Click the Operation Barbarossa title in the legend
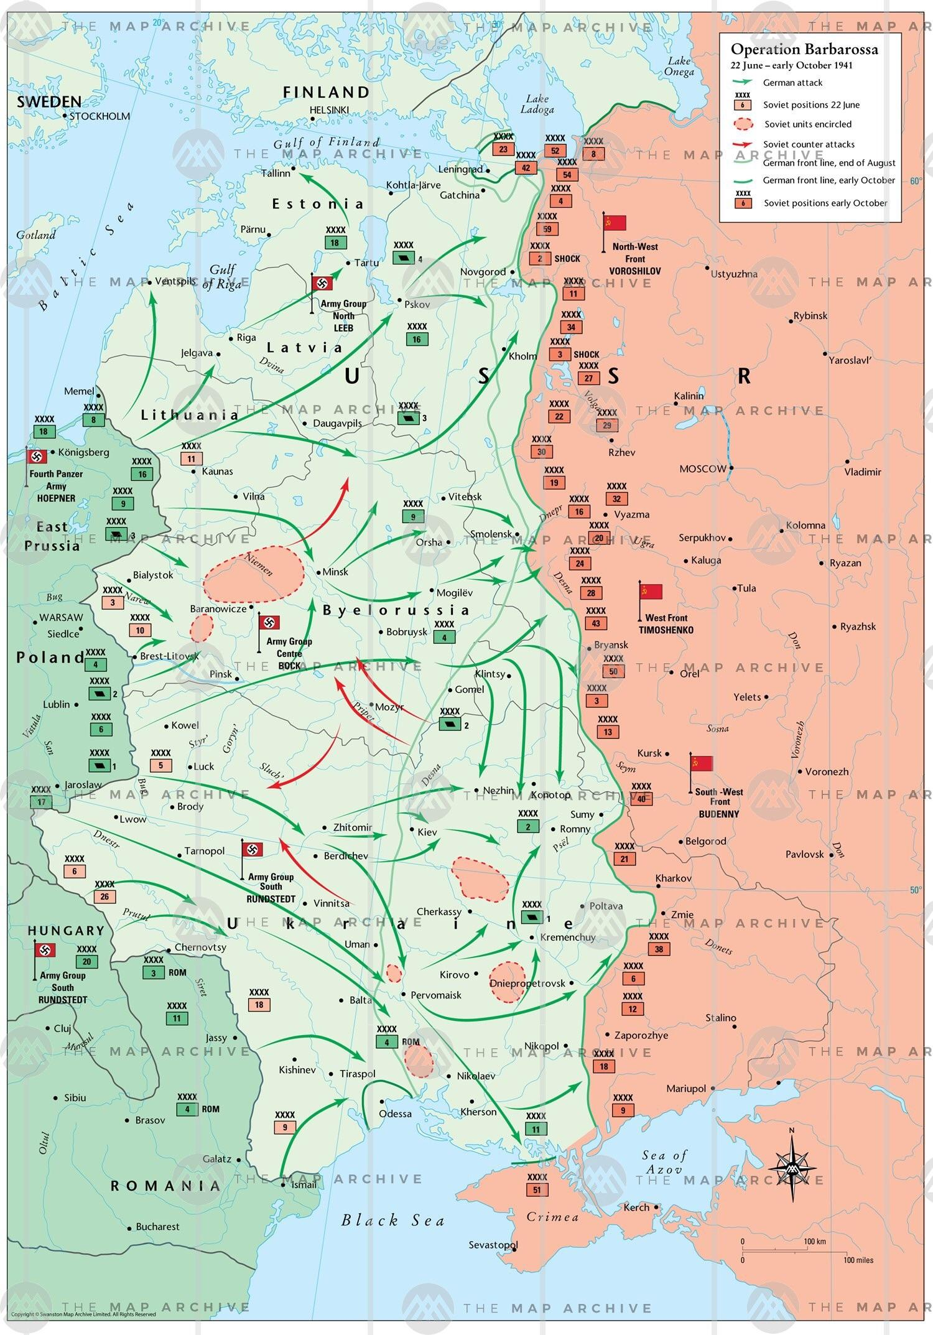(x=804, y=50)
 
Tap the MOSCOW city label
(x=702, y=469)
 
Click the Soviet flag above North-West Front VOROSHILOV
(x=615, y=223)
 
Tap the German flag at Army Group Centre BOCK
(x=269, y=623)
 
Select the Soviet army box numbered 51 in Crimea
(x=537, y=1189)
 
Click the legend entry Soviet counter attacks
(x=809, y=144)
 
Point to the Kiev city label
(x=427, y=832)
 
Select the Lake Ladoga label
(x=537, y=105)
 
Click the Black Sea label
(x=392, y=1220)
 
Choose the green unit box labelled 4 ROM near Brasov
(x=187, y=1109)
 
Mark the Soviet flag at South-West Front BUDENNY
(x=702, y=763)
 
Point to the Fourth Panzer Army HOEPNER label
(x=55, y=486)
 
